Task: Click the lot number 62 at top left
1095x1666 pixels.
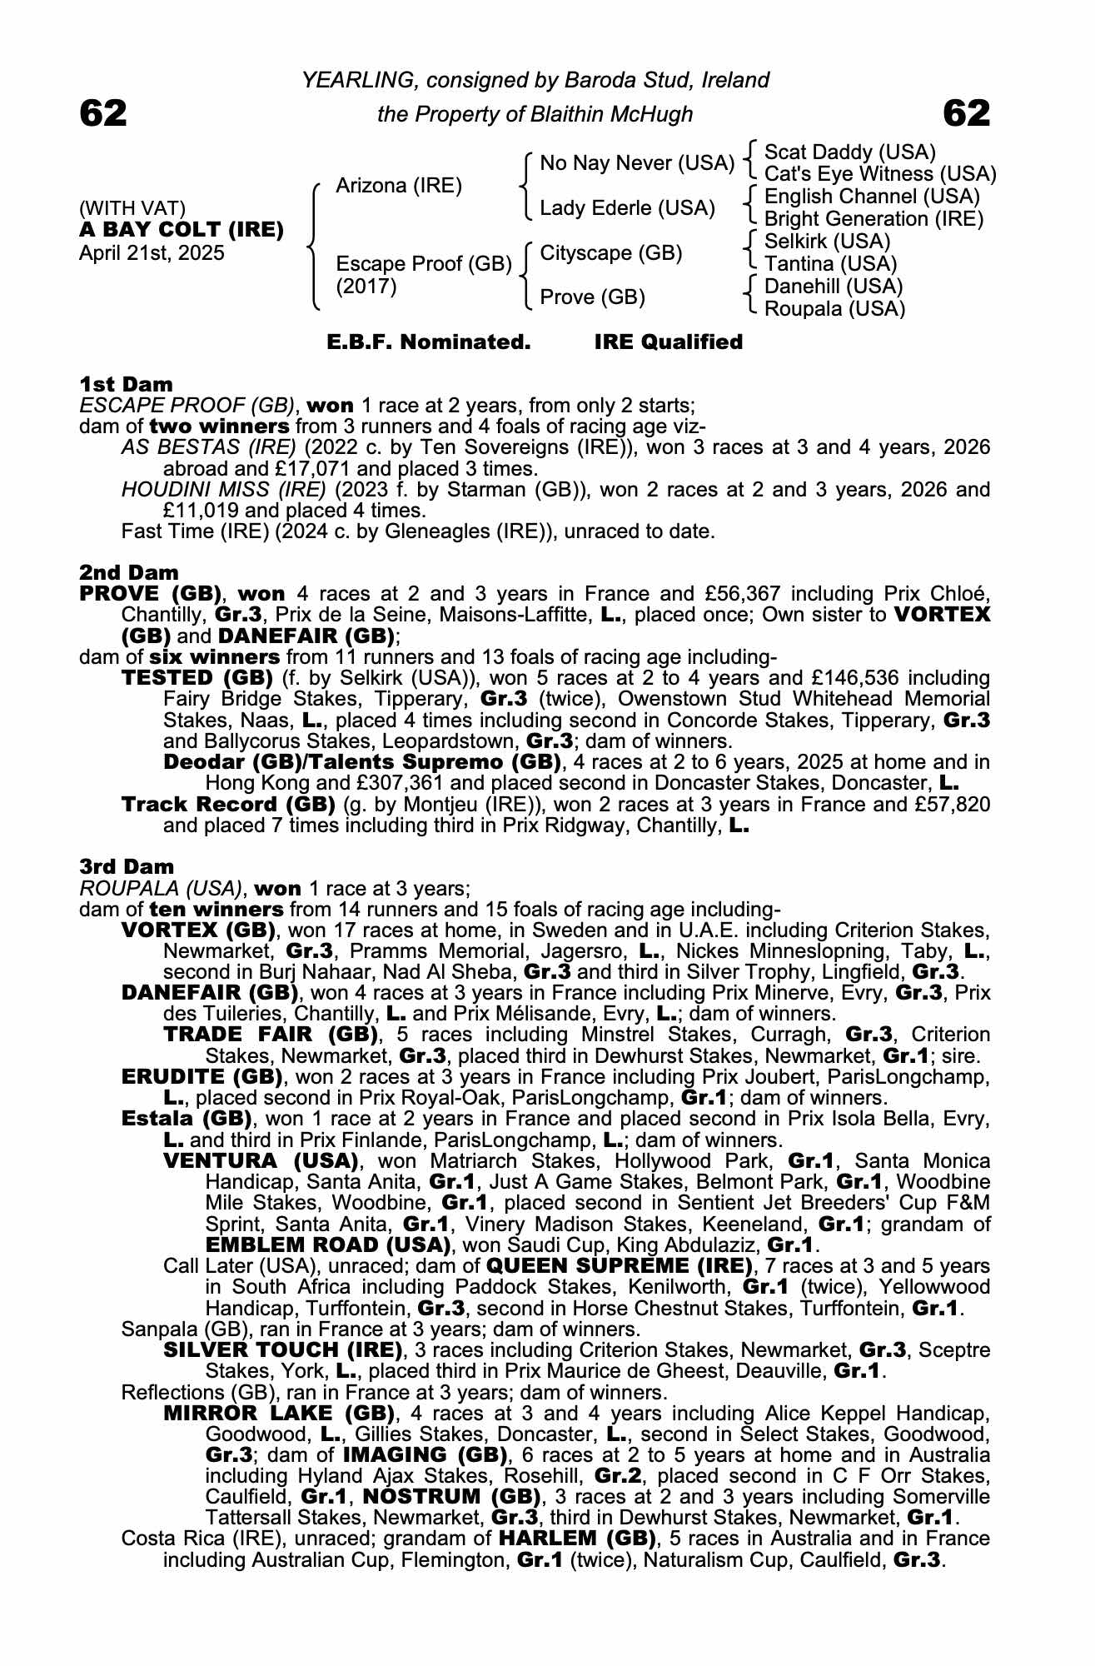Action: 103,113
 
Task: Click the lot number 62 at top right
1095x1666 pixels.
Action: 966,113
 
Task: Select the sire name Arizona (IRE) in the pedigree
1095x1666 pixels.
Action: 398,186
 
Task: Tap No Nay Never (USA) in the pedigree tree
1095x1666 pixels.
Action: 637,163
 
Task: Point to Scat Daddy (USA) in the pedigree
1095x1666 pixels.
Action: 849,152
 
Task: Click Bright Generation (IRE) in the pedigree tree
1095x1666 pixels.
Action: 874,219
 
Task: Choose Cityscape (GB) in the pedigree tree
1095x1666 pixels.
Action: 611,253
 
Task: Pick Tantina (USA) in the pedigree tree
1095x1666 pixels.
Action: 830,264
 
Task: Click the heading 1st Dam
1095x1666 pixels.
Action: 126,384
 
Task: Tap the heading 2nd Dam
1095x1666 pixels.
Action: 128,572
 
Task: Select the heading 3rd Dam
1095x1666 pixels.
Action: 127,867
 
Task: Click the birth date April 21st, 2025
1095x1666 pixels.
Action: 152,253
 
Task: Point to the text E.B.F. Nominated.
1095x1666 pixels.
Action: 429,342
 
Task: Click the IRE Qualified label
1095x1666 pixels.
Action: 668,342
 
